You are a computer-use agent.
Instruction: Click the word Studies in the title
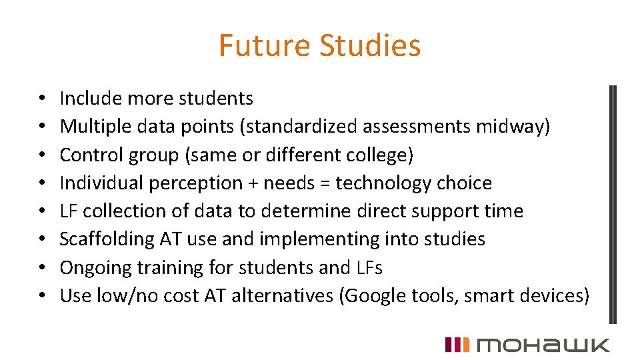tap(370, 45)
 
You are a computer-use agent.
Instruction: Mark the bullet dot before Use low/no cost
tap(41, 295)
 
